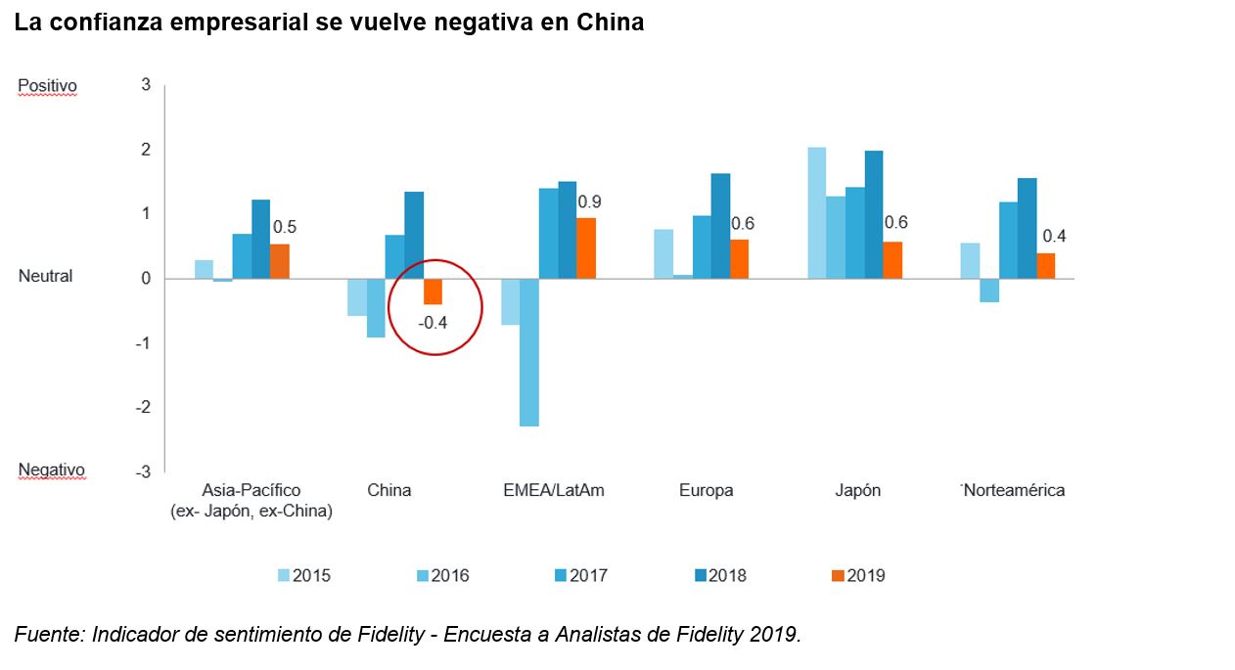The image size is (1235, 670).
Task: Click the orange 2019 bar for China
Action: click(x=433, y=291)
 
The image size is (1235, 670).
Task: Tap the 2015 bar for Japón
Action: click(x=816, y=212)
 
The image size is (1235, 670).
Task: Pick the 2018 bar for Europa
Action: click(x=720, y=226)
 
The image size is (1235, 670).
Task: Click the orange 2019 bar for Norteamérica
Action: click(x=1046, y=266)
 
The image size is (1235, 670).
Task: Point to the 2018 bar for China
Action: click(x=414, y=235)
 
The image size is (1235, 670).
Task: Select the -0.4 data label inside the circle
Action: click(x=433, y=322)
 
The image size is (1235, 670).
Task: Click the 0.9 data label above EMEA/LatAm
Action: click(x=589, y=202)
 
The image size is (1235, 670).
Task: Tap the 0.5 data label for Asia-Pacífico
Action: click(x=285, y=227)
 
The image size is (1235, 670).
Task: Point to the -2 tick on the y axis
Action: click(x=145, y=408)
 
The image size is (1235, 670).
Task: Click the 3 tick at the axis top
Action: click(x=146, y=85)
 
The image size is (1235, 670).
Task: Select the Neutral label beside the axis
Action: click(x=46, y=277)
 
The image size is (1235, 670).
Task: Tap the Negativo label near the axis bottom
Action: click(x=52, y=470)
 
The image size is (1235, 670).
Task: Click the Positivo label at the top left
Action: click(x=48, y=86)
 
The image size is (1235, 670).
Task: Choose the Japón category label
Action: click(x=857, y=490)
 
